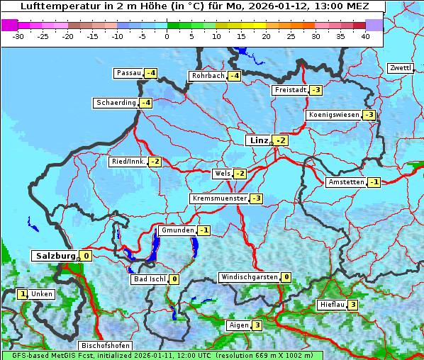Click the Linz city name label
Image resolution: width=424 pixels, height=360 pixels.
[x=258, y=140]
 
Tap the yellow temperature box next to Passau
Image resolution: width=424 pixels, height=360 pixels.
[x=151, y=73]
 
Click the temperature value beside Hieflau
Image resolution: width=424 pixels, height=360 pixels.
[x=352, y=305]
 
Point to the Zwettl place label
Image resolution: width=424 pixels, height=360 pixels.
[x=400, y=68]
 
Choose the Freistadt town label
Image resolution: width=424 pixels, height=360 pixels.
[x=290, y=90]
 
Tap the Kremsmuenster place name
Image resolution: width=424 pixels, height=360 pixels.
[x=219, y=198]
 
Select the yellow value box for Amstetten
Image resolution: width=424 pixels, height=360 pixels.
[x=374, y=182]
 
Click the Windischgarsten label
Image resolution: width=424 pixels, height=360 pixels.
[x=249, y=277]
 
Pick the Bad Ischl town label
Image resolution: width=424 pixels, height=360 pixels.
[x=150, y=279]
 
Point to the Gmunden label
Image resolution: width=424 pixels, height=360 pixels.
[x=177, y=230]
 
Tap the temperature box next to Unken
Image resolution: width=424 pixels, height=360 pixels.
[x=23, y=294]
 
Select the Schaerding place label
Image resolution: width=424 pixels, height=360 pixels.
[x=116, y=103]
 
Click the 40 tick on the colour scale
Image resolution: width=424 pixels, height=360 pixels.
[x=365, y=35]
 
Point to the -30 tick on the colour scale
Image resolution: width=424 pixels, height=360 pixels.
[x=19, y=35]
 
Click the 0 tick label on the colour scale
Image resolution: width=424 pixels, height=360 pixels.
[x=167, y=35]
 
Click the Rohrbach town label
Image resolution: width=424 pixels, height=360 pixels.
[x=208, y=76]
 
